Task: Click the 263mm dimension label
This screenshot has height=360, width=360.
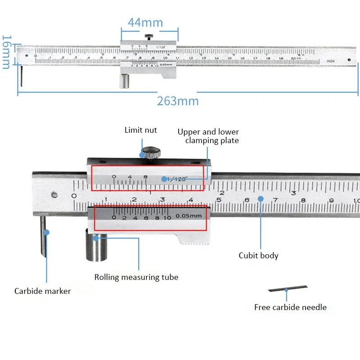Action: coord(177,101)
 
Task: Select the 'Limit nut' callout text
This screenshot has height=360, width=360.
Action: coord(141,130)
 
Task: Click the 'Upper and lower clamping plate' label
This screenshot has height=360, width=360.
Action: coord(208,136)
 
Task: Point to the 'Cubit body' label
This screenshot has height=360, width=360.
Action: coord(258,256)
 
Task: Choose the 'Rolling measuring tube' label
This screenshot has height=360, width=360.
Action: coord(136,277)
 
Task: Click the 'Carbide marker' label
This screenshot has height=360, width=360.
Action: coord(42,291)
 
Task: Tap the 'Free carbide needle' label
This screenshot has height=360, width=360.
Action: coord(290,307)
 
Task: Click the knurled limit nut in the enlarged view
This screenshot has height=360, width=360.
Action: coord(152,153)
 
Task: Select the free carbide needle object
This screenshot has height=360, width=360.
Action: coord(288,288)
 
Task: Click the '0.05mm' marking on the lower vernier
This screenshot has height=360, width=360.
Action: coord(189,216)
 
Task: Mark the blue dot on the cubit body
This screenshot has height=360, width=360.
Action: coord(260,198)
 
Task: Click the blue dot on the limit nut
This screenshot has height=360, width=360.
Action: coord(142,154)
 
